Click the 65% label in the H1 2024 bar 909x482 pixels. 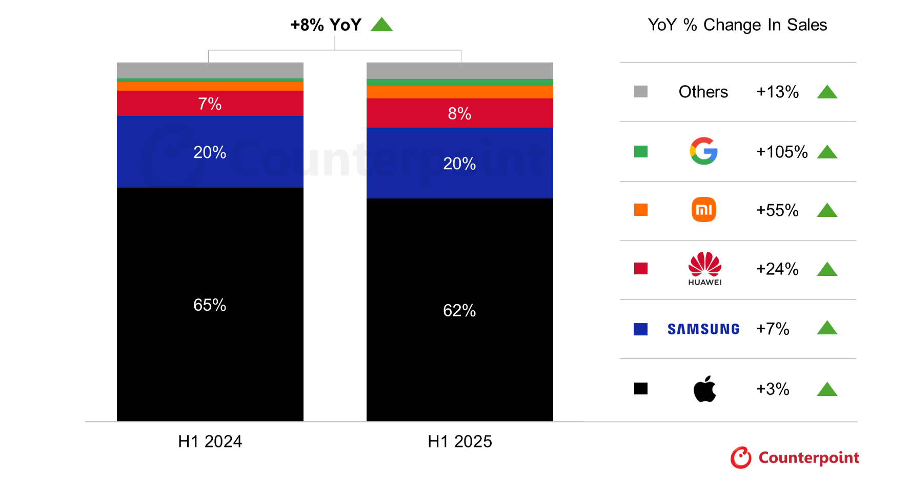pos(210,305)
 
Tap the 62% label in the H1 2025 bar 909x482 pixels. pos(459,311)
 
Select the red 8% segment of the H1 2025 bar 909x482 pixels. pos(459,113)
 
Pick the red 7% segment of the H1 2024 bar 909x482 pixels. pos(210,104)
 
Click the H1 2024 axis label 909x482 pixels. pos(210,441)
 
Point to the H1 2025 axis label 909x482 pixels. pos(459,441)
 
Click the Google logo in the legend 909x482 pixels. pos(703,151)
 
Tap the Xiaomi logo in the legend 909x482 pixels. pos(703,210)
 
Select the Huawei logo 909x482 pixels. pos(704,268)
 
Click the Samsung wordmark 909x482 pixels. pos(703,329)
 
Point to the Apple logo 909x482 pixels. pos(704,389)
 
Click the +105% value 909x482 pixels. pos(782,152)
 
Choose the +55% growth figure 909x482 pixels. pos(777,210)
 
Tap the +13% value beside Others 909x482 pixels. pos(777,92)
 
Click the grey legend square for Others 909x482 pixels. pos(640,92)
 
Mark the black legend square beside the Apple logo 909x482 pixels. pos(640,389)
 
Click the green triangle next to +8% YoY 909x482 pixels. pos(381,25)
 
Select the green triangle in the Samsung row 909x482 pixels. pos(826,328)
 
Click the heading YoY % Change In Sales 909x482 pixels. pos(737,25)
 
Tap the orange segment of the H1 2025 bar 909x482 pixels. pos(459,92)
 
